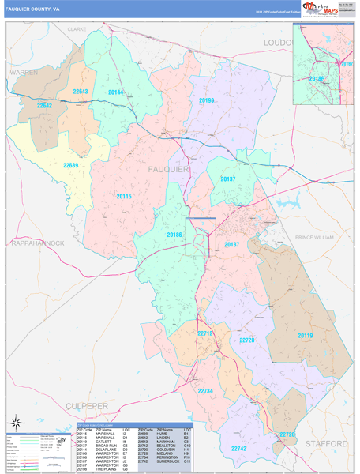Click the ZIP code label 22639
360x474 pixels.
pos(70,165)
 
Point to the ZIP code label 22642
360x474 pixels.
pos(44,104)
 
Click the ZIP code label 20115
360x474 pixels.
pos(123,196)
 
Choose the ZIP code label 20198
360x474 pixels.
pos(207,100)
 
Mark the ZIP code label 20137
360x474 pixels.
pos(227,179)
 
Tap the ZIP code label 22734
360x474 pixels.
pos(205,391)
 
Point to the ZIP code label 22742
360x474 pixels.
pos(238,448)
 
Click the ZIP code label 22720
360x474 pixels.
pos(287,434)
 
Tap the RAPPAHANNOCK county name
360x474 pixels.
pos(38,243)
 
